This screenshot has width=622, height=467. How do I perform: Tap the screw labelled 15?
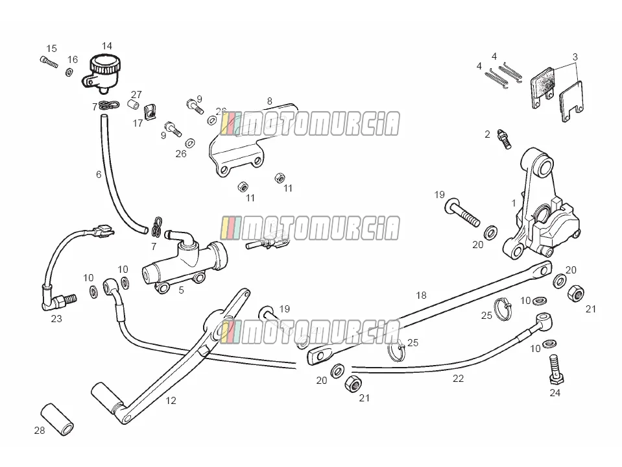point(49,62)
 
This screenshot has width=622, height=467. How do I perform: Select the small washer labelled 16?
point(69,72)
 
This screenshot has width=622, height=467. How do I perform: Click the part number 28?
point(40,430)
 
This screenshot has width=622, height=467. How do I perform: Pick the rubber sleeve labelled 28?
point(58,420)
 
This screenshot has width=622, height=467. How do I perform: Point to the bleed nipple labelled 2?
point(505,139)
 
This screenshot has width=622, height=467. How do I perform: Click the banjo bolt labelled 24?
point(556,370)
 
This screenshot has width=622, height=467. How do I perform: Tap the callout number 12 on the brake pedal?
point(171,401)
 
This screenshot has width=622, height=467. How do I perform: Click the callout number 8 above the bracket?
point(269,101)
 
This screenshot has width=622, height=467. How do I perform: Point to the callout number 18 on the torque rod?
point(421,296)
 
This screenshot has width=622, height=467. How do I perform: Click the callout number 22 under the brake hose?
point(458,379)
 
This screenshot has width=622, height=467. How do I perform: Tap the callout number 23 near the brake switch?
point(56,318)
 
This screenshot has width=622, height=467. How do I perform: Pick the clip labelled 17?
point(150,112)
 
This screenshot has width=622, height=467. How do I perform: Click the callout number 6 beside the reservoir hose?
point(99,174)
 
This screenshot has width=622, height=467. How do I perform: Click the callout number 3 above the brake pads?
point(575,57)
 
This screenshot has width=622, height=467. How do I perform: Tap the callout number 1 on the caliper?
point(514,203)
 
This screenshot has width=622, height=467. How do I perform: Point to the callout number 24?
point(555,393)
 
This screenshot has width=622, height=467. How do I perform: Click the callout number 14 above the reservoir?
point(107,46)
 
